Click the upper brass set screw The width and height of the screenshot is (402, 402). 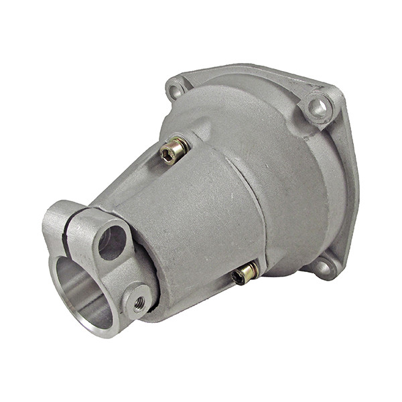174,151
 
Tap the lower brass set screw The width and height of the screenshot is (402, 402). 246,273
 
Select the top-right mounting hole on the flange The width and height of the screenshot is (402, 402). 317,107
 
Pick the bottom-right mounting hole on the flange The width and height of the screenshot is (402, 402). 323,267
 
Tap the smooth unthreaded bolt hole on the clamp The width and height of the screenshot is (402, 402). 112,243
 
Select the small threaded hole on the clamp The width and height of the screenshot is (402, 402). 139,304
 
